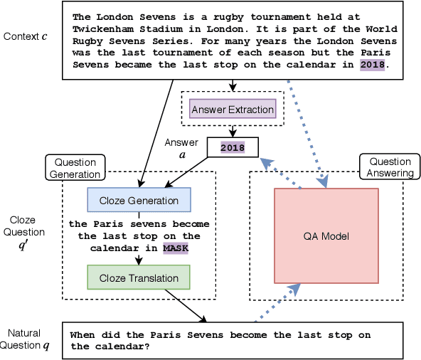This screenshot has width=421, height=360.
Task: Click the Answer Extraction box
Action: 232,110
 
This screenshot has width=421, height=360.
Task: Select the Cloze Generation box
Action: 139,200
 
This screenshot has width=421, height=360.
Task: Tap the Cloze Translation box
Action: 139,277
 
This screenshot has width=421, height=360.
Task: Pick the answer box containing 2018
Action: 232,147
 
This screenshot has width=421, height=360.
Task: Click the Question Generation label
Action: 75,168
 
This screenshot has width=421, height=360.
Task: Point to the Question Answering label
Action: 390,168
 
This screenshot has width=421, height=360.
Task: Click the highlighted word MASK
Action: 176,248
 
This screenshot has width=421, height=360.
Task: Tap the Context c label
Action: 26,36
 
